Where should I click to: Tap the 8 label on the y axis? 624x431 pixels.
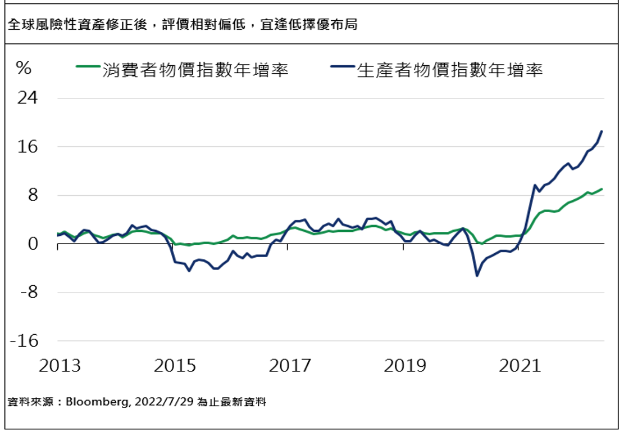(33, 196)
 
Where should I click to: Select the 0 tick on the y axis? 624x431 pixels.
(33, 244)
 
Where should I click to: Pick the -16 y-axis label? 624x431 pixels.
(25, 342)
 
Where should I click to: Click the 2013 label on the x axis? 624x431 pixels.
(60, 366)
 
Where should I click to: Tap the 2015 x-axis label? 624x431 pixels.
(175, 366)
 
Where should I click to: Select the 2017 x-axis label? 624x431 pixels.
(290, 366)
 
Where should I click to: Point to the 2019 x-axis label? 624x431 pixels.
(405, 366)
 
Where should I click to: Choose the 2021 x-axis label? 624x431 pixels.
(520, 366)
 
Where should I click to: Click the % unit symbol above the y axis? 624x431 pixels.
(24, 69)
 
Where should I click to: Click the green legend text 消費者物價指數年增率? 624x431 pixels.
(195, 70)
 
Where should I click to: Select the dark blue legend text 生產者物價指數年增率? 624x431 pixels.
(450, 70)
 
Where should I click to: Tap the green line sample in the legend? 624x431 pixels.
(88, 68)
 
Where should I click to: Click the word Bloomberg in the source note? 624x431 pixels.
(92, 402)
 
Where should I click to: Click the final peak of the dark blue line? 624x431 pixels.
(602, 131)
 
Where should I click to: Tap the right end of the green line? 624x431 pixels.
(602, 189)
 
